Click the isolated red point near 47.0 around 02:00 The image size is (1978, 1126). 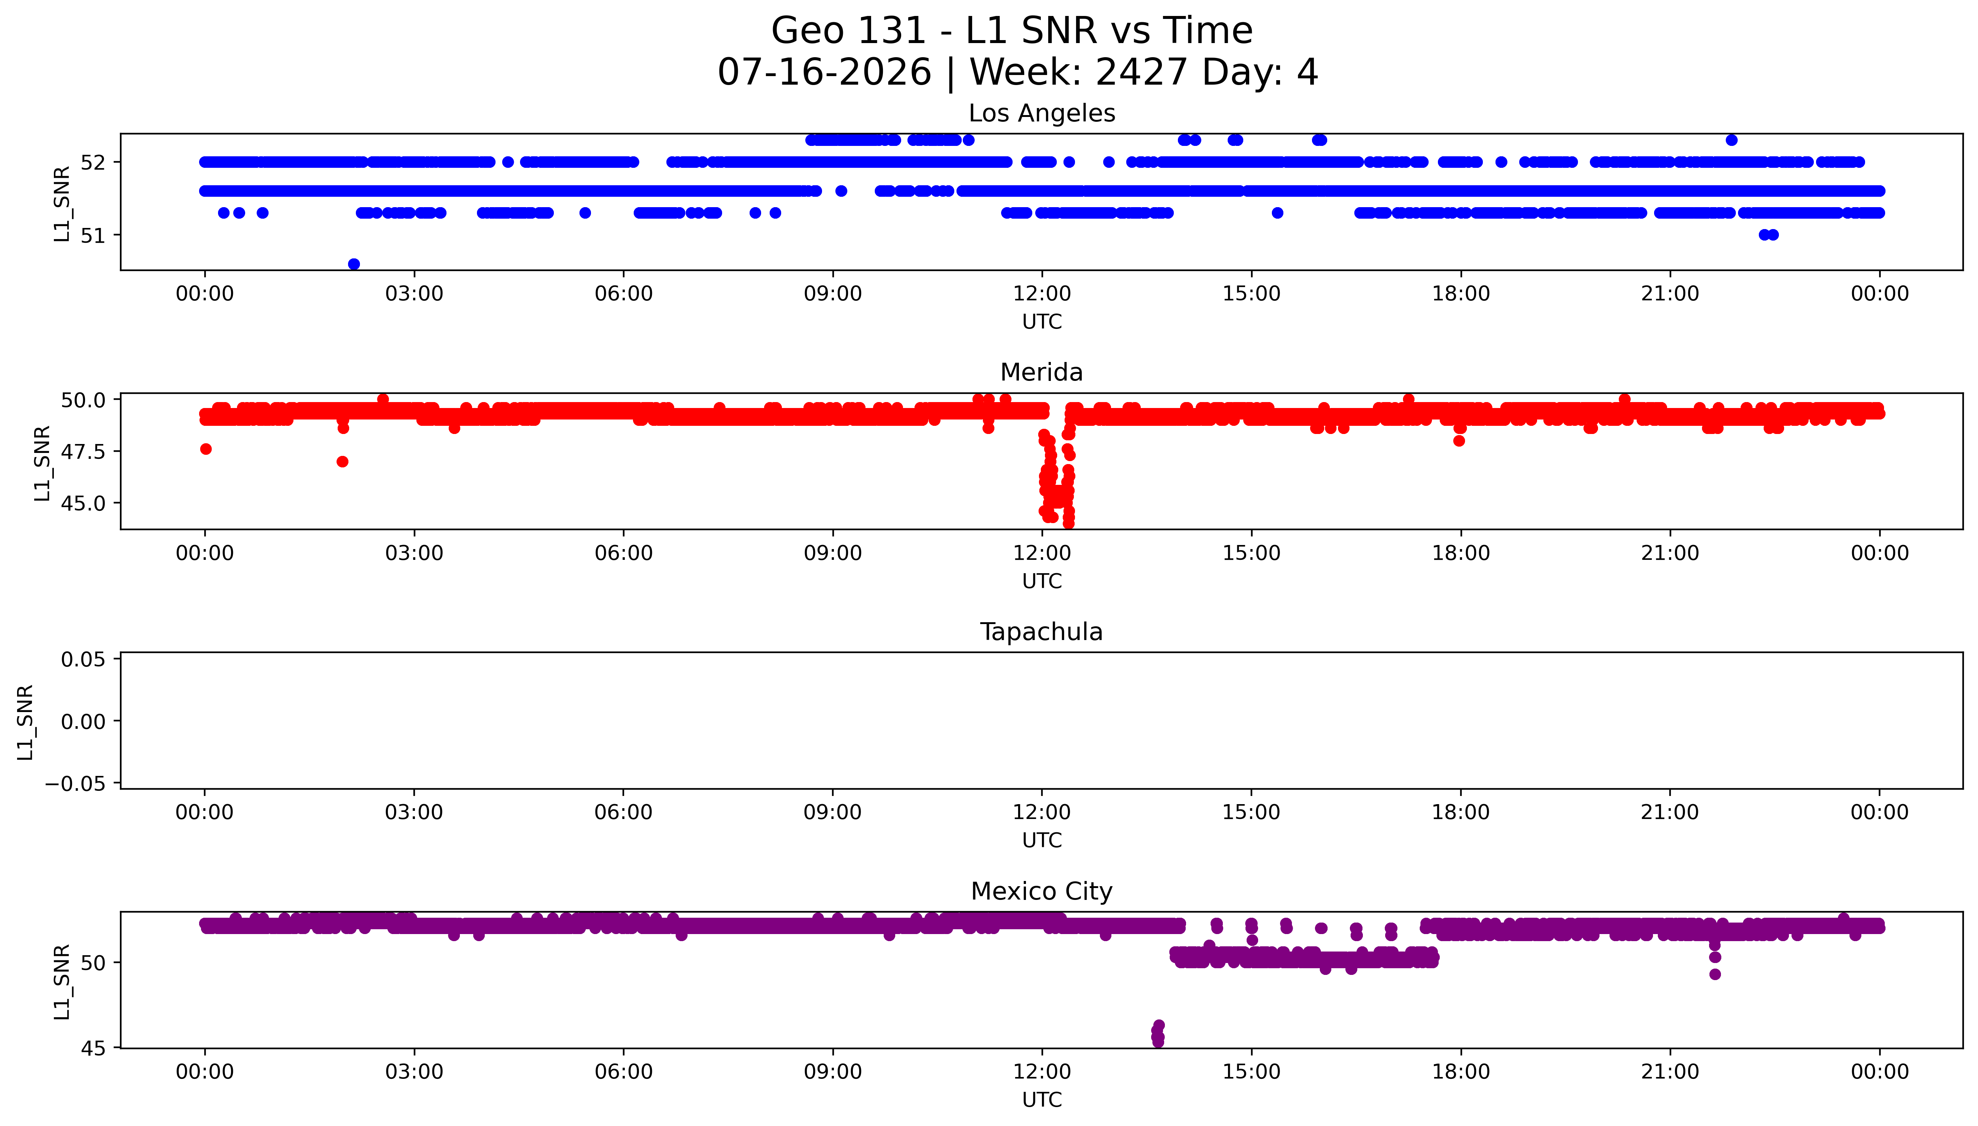343,462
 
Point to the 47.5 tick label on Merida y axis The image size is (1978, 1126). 84,451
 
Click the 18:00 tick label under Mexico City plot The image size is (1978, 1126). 1461,1072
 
